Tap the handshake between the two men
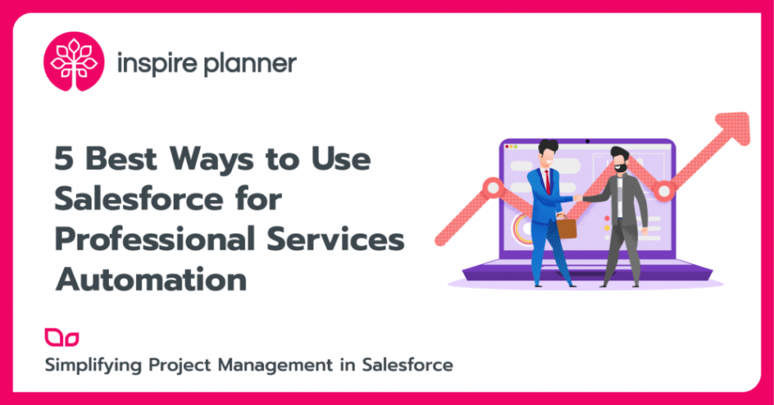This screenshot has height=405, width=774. [579, 198]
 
